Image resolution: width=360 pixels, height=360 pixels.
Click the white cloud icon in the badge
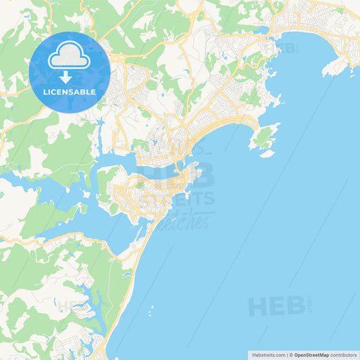[70, 57]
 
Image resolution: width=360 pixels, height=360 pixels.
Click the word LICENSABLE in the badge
[70, 91]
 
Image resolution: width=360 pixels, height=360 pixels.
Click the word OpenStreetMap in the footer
[311, 354]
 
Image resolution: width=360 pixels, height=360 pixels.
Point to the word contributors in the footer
[343, 354]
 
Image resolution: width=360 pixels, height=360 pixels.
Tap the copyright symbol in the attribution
[291, 354]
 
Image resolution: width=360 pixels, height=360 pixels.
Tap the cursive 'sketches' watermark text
[182, 220]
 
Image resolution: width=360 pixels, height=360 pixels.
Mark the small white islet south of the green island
[267, 153]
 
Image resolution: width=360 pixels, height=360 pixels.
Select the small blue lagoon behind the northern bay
[261, 30]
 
